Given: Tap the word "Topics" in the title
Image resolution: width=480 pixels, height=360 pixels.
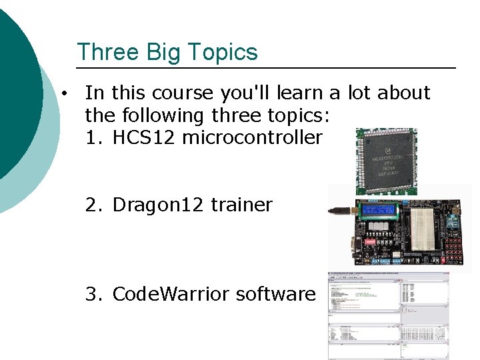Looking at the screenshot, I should point(223,52).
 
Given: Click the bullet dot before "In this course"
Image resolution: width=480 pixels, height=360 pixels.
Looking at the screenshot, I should point(62,93).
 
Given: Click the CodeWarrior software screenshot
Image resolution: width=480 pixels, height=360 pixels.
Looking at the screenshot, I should point(389,315).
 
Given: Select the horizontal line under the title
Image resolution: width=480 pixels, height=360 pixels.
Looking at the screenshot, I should point(267,68).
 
